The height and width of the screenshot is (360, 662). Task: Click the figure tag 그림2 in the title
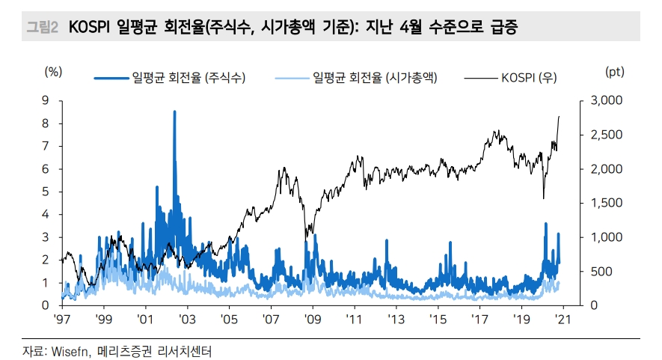tap(42, 28)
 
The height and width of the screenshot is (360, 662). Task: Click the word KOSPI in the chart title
tap(90, 28)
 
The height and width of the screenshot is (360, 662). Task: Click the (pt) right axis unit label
tap(614, 72)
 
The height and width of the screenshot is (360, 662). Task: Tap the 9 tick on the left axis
tap(46, 100)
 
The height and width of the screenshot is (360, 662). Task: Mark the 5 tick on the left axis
tap(46, 192)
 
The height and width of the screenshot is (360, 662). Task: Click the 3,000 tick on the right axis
tap(604, 100)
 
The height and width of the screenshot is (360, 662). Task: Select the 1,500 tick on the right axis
tap(604, 203)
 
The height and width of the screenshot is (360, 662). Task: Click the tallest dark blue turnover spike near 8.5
tap(174, 112)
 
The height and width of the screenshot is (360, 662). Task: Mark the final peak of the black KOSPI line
tap(560, 117)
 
